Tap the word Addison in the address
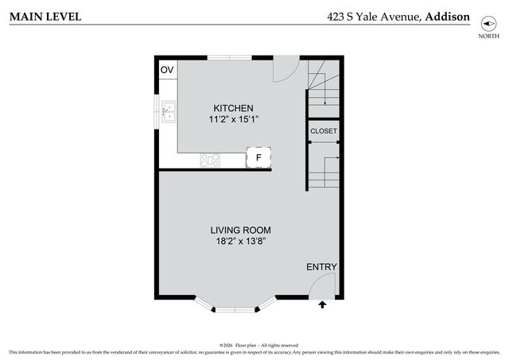(448, 16)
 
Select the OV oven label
(167, 70)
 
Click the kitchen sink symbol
(169, 112)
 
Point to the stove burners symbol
(210, 160)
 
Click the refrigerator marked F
(258, 158)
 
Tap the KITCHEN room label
(233, 108)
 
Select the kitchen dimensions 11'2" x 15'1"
(233, 119)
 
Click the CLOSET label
(324, 131)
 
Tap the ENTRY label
(321, 267)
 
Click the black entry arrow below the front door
(322, 304)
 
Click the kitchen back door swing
(285, 70)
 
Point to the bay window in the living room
(235, 305)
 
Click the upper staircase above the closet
(324, 87)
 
